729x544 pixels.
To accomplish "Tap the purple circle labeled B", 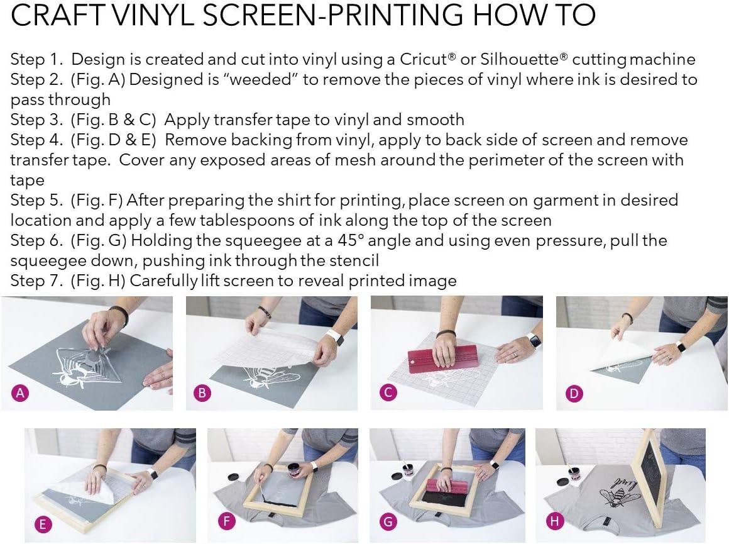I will [202, 394].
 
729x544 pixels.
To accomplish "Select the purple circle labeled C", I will [388, 394].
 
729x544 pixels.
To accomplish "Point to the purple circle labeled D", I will [574, 394].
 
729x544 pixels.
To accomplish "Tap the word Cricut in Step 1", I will [424, 60].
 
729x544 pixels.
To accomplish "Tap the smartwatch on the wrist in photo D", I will [681, 347].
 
